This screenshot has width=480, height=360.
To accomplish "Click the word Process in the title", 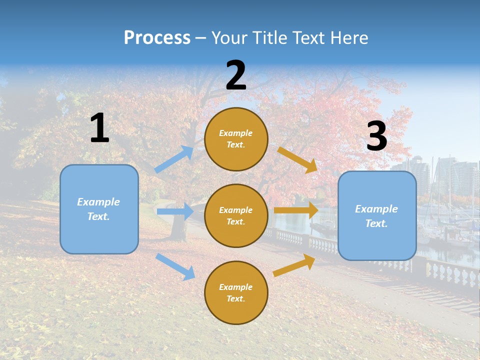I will click(157, 38).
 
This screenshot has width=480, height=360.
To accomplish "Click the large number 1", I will click(99, 128).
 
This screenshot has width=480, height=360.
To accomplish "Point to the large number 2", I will click(236, 75).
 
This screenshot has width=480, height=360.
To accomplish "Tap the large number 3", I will click(376, 136).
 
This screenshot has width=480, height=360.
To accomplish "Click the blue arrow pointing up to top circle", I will click(173, 159).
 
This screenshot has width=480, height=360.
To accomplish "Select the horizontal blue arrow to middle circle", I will click(174, 211).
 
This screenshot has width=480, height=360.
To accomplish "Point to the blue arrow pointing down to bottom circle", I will click(175, 266).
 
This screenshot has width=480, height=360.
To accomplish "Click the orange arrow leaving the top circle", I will click(297, 159).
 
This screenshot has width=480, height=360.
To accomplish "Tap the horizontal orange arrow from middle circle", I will click(296, 210).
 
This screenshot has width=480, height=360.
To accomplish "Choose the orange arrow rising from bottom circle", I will click(294, 265).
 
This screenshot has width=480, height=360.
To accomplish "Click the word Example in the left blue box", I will click(98, 202).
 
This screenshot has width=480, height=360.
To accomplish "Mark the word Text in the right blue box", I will click(375, 223).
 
